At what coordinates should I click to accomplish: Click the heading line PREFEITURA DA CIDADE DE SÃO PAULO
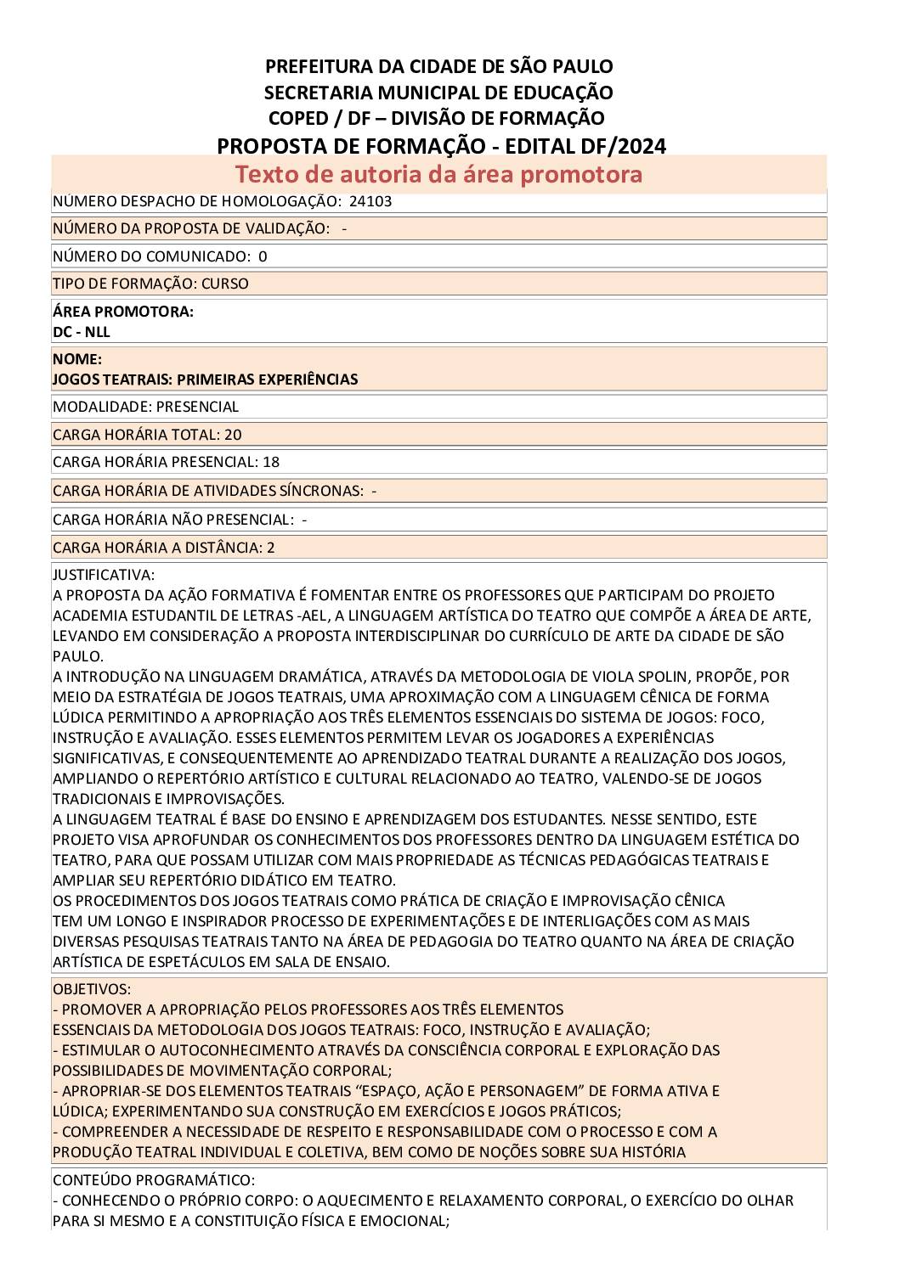pyautogui.click(x=438, y=66)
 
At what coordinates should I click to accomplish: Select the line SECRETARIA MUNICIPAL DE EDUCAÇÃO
pyautogui.click(x=438, y=93)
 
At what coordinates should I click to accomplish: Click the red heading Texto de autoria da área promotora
pyautogui.click(x=438, y=174)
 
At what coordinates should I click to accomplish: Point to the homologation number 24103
pyautogui.click(x=370, y=202)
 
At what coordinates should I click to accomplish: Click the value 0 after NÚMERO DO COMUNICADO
pyautogui.click(x=263, y=256)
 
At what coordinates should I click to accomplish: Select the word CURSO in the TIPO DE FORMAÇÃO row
pyautogui.click(x=225, y=284)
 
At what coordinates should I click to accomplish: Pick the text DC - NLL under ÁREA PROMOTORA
pyautogui.click(x=82, y=332)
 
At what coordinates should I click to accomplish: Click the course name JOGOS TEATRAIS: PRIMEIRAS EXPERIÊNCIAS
pyautogui.click(x=205, y=380)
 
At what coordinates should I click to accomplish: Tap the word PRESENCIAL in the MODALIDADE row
pyautogui.click(x=197, y=407)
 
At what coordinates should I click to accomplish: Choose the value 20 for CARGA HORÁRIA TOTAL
pyautogui.click(x=233, y=435)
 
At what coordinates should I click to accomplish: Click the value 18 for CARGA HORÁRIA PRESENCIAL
pyautogui.click(x=271, y=462)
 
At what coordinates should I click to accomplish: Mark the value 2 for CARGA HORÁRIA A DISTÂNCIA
pyautogui.click(x=271, y=548)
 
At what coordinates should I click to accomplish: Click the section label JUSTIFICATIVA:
pyautogui.click(x=104, y=575)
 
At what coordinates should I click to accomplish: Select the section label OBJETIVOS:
pyautogui.click(x=92, y=989)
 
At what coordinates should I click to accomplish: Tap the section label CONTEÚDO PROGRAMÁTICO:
pyautogui.click(x=153, y=1180)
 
